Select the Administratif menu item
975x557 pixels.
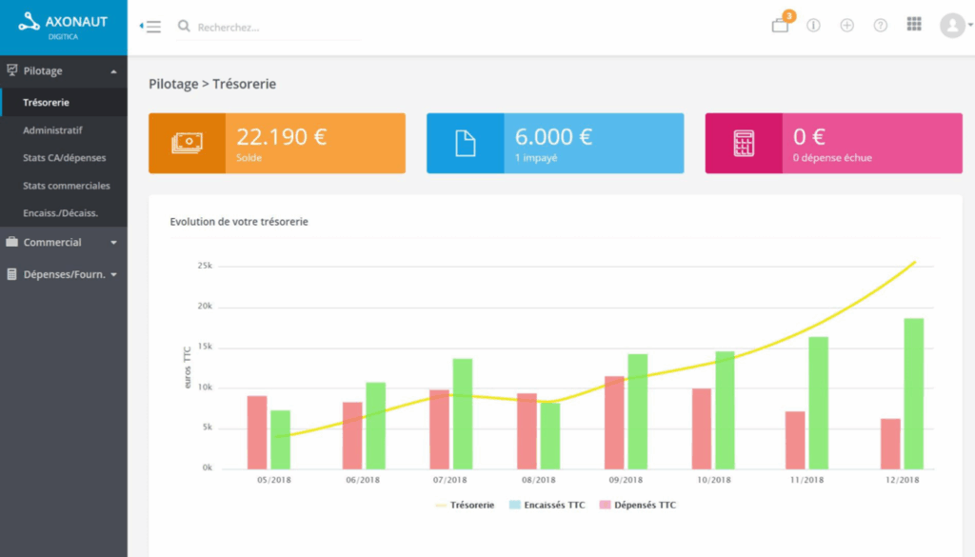tap(52, 129)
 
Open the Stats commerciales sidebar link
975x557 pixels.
tap(66, 186)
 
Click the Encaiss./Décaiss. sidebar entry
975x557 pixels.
tap(60, 213)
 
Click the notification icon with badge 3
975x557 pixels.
tap(780, 26)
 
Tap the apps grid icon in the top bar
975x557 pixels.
tap(914, 25)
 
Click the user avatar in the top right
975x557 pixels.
tap(952, 26)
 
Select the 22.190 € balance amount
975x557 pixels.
tap(281, 136)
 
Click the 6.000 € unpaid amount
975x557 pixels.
tap(553, 136)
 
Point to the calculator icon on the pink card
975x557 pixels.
tap(743, 144)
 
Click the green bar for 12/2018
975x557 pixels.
tap(913, 393)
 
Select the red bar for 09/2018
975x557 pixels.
tap(615, 422)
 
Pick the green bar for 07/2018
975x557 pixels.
tap(462, 413)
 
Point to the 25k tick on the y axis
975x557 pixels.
tap(204, 266)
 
